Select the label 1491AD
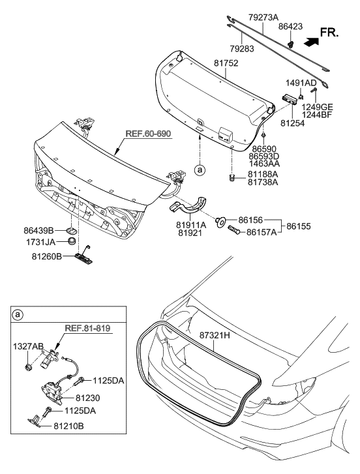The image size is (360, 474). tap(301, 83)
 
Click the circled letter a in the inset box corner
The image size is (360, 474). tap(17, 316)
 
